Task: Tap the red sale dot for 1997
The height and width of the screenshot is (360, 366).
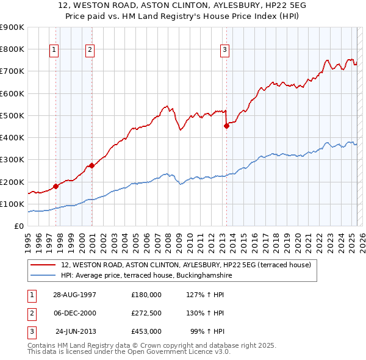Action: [56, 186]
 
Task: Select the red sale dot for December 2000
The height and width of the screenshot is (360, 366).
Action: [91, 165]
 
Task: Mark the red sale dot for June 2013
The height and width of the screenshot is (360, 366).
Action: [226, 126]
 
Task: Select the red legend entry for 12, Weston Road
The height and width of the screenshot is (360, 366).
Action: [186, 265]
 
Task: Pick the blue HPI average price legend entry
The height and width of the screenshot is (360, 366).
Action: [146, 276]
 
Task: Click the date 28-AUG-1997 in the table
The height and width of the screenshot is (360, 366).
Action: [74, 295]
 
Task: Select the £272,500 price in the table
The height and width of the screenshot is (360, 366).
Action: [146, 313]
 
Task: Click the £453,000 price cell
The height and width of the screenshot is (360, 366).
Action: [146, 331]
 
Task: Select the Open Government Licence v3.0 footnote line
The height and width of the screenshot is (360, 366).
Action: [129, 352]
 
